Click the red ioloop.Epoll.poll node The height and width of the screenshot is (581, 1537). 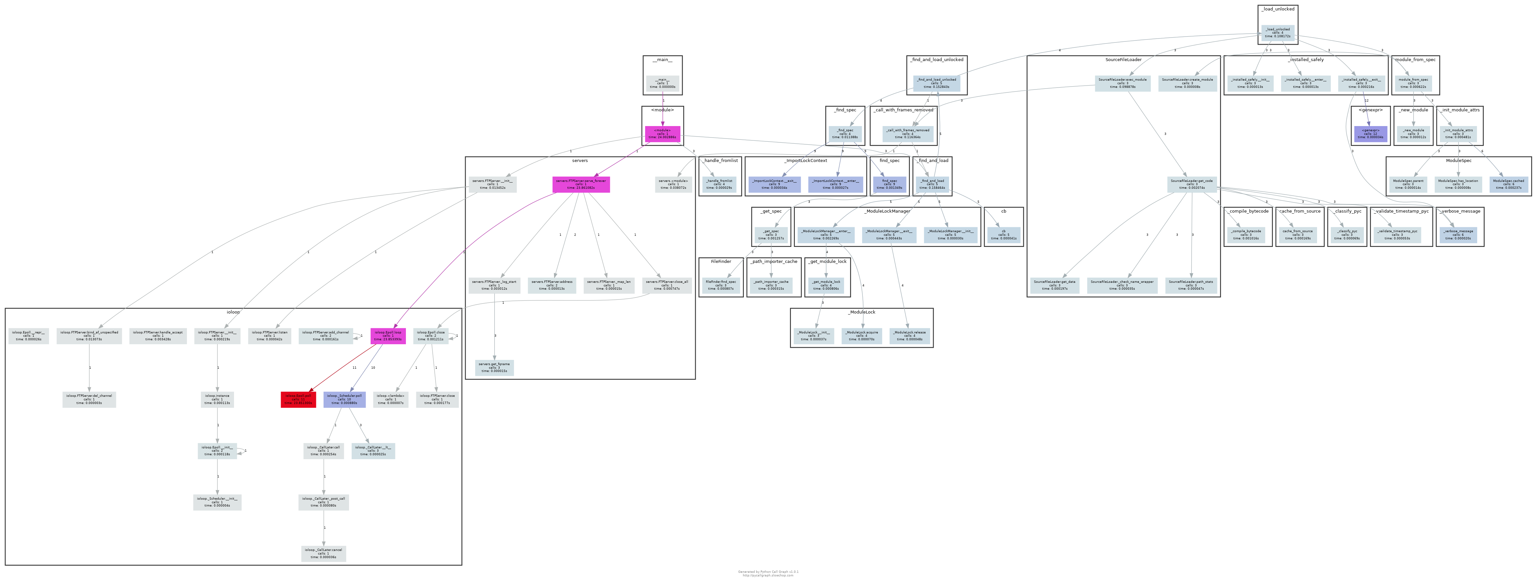tap(298, 399)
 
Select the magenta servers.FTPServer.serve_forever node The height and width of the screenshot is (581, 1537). tap(580, 184)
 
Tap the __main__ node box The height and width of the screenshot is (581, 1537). tap(662, 83)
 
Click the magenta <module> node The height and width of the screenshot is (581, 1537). tap(662, 134)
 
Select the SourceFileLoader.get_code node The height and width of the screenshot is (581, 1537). tap(1192, 184)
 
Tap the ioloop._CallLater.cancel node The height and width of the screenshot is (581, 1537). tap(324, 553)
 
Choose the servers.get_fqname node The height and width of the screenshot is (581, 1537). tap(494, 367)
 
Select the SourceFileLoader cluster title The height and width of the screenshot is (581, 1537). tap(1123, 60)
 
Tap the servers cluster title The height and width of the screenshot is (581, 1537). tap(579, 160)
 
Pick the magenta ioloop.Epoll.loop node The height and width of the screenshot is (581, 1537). tap(388, 336)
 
